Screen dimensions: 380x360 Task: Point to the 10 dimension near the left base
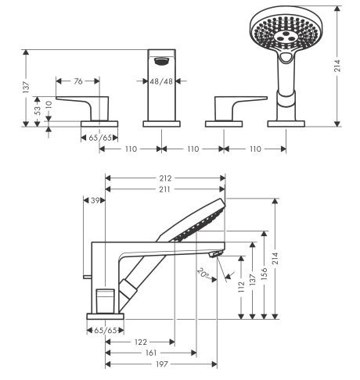point(49,102)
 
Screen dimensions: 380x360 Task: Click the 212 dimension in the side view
point(165,177)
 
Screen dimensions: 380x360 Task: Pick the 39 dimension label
point(93,200)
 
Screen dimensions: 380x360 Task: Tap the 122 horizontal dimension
point(139,342)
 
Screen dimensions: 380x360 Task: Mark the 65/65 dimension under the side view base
point(103,331)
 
